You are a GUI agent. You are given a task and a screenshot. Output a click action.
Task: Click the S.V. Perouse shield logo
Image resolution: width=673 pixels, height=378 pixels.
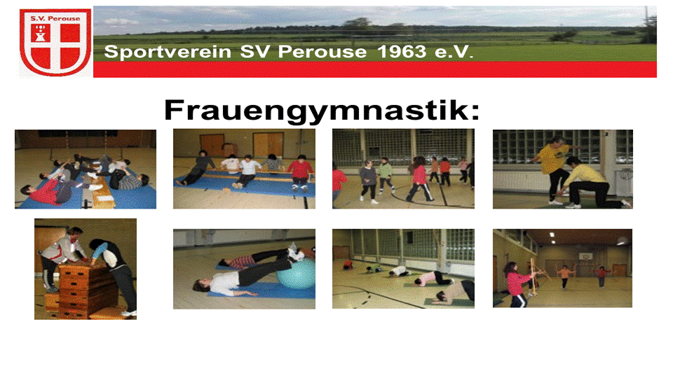55,42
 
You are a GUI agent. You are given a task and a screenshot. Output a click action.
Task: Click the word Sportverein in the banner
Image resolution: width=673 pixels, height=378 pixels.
168,52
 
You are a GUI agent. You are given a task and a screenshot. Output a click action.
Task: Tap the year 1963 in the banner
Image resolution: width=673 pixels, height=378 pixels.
402,52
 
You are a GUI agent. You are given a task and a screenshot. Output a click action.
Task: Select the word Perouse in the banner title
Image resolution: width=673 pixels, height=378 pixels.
322,52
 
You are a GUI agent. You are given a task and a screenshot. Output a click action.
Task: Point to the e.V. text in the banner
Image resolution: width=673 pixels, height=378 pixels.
454,52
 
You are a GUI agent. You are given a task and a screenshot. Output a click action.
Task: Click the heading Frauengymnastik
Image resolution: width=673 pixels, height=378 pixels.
322,111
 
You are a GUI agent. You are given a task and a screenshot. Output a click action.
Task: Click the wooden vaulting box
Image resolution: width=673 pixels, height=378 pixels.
81,289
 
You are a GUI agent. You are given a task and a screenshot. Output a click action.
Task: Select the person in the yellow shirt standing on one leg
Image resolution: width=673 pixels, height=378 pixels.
553,169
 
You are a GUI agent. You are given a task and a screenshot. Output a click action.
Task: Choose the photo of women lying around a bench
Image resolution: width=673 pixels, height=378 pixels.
86,169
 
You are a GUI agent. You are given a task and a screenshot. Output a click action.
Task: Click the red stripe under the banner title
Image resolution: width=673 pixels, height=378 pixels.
374,69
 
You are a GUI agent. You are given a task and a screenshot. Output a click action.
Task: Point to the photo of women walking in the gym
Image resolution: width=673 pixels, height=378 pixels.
404,169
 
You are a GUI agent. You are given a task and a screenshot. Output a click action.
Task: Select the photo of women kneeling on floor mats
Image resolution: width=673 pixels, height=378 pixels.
404,269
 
